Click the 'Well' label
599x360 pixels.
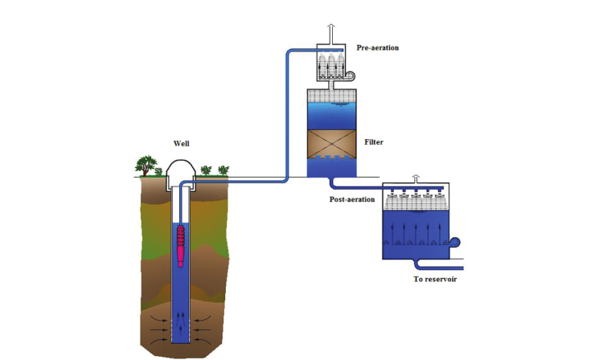click(x=182, y=145)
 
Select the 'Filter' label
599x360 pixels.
click(x=373, y=142)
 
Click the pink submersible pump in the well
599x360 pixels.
click(x=181, y=244)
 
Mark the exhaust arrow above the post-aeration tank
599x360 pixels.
click(x=416, y=178)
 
